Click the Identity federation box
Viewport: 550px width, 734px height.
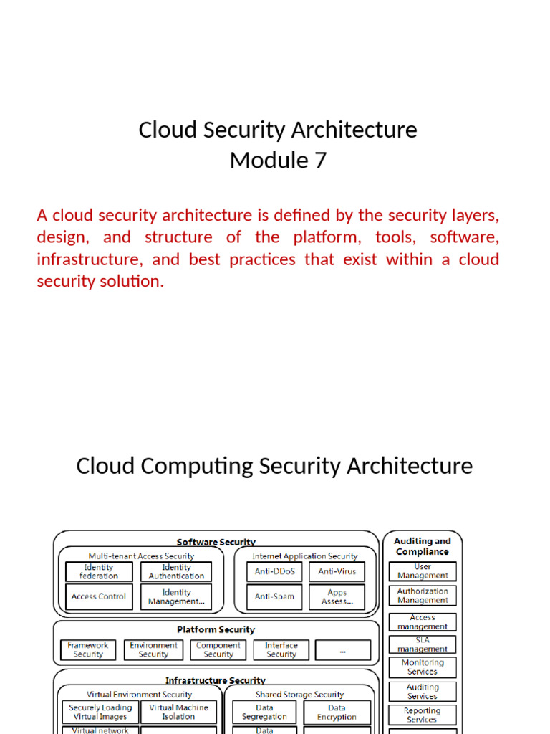99,571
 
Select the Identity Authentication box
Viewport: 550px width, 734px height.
176,571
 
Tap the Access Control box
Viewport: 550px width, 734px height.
99,596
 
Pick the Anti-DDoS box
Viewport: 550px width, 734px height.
274,571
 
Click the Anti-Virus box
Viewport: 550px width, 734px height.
337,571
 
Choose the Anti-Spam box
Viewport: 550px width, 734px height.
274,596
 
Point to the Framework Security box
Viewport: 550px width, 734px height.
88,649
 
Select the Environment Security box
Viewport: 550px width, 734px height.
153,649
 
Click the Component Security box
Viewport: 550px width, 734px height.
218,649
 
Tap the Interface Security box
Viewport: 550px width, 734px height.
281,649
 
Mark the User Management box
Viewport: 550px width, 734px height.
423,571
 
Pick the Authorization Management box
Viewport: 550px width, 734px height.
423,596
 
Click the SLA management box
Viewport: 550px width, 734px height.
423,644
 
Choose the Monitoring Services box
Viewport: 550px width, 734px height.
423,667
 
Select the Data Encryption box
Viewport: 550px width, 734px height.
337,712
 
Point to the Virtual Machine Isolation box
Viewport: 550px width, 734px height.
178,712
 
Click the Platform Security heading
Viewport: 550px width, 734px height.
216,629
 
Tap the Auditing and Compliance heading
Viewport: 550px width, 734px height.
423,546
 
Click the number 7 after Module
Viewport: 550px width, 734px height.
319,161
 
